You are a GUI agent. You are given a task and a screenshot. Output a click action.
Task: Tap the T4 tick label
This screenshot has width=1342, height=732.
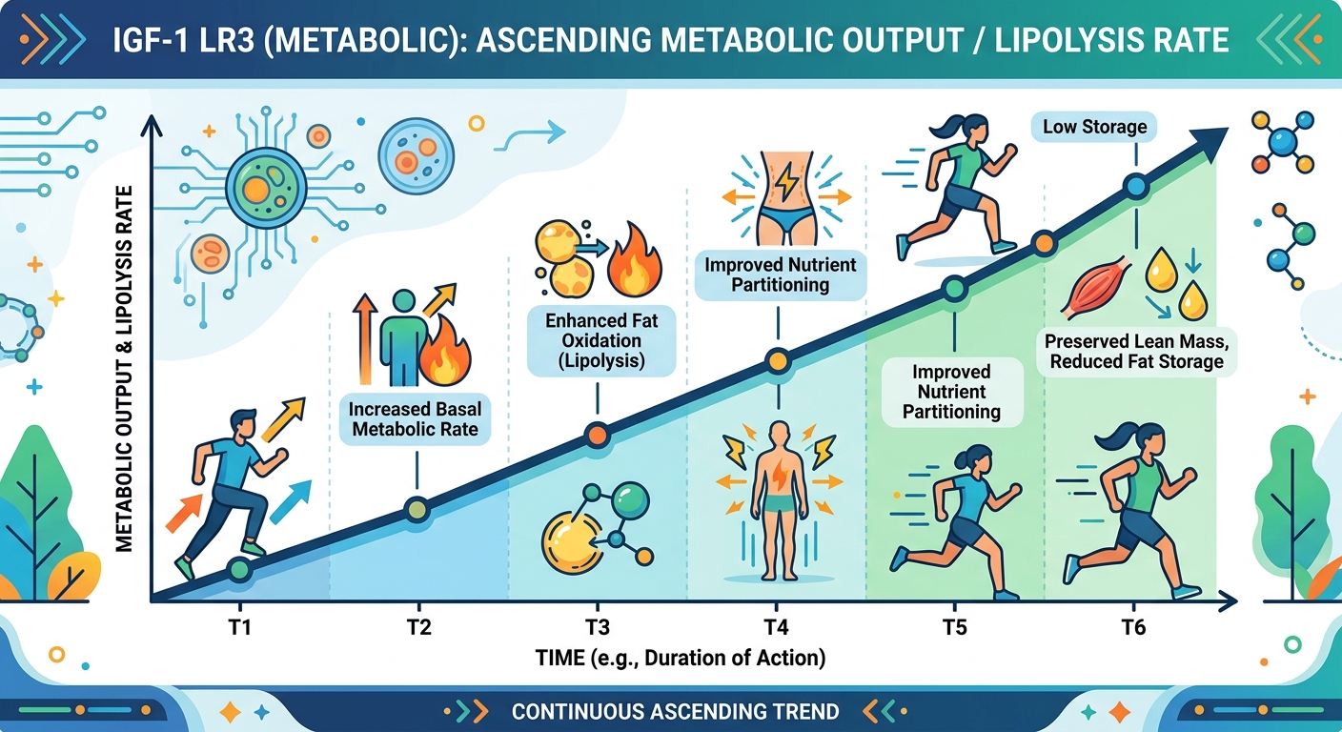776,627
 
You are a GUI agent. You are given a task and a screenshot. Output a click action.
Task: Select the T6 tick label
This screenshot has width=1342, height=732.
1133,627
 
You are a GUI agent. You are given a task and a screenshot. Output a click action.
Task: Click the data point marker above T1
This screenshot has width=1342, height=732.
238,570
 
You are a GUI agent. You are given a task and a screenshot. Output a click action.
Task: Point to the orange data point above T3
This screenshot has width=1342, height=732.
597,435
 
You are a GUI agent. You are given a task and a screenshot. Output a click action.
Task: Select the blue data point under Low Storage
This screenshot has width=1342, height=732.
1134,187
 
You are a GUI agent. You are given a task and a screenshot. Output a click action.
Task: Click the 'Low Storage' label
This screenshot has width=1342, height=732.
1094,127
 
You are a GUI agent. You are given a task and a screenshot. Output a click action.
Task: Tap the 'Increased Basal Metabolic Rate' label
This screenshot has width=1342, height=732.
416,419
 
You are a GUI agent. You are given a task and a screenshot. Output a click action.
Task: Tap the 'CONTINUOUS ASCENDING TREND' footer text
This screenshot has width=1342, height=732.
675,711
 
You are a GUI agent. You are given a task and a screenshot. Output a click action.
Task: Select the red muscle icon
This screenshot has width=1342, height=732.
1094,283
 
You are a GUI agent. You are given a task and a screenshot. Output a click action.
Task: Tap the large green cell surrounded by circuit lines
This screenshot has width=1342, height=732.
258,186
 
